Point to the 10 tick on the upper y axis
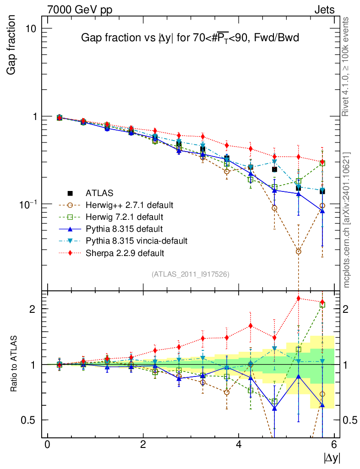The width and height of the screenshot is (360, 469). pos(31,28)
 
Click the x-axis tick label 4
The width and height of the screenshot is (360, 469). pos(239,444)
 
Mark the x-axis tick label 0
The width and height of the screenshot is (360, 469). pos(47,444)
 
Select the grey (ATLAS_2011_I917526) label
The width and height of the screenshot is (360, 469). pos(191,274)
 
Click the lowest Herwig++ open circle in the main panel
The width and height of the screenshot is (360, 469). pos(299,251)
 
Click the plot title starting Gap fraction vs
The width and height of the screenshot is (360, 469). pos(190,38)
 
